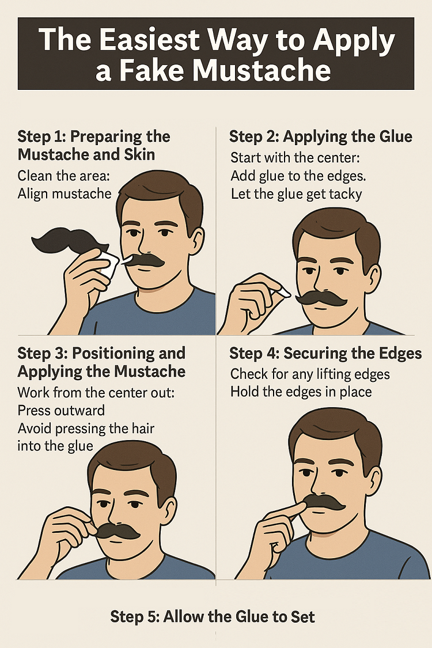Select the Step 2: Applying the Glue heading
click(321, 137)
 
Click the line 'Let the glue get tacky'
click(296, 194)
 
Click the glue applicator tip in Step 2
click(283, 293)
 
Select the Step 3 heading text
click(101, 362)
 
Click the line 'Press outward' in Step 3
click(62, 411)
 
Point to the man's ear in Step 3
click(169, 507)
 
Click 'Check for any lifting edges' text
click(310, 374)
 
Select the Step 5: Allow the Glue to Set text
click(213, 617)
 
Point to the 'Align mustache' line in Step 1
click(65, 194)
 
